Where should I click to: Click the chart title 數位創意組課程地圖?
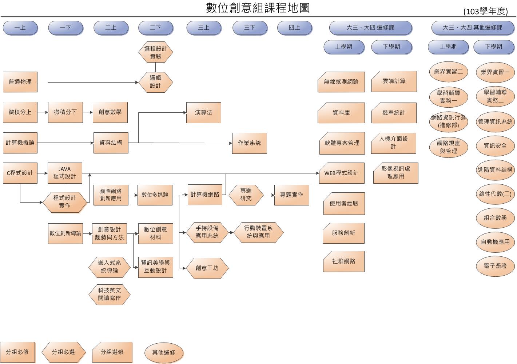tap(258, 8)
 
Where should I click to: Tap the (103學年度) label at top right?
tap(485, 12)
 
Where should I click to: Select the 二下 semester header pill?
tap(155, 28)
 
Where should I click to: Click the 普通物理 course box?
tap(20, 82)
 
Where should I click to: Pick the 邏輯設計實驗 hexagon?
tap(155, 53)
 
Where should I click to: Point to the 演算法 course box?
tap(203, 113)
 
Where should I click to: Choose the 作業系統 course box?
tap(249, 143)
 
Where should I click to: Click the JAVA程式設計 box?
tap(65, 173)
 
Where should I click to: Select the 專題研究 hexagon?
tap(246, 195)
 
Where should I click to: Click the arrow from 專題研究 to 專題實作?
tap(269, 195)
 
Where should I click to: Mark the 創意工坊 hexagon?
tap(207, 268)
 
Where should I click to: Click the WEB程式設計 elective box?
tap(341, 173)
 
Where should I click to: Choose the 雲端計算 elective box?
tap(394, 81)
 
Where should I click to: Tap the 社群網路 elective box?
tap(343, 261)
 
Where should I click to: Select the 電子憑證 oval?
tap(495, 266)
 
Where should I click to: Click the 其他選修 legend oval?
tap(163, 352)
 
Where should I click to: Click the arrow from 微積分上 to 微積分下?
tap(43, 112)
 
